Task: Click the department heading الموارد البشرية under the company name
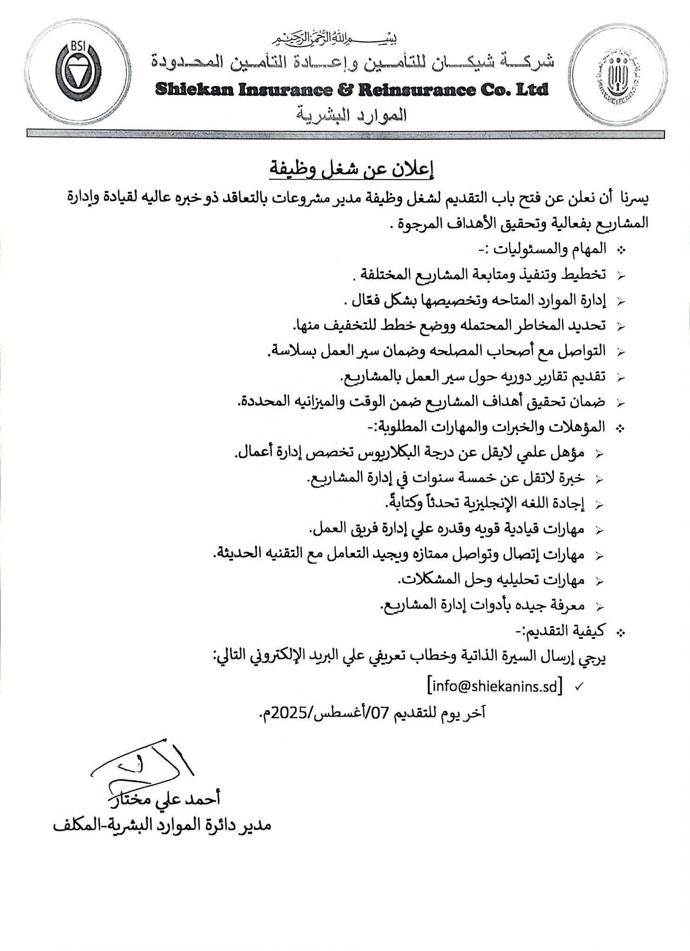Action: pyautogui.click(x=352, y=114)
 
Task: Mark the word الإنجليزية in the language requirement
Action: pyautogui.click(x=474, y=503)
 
